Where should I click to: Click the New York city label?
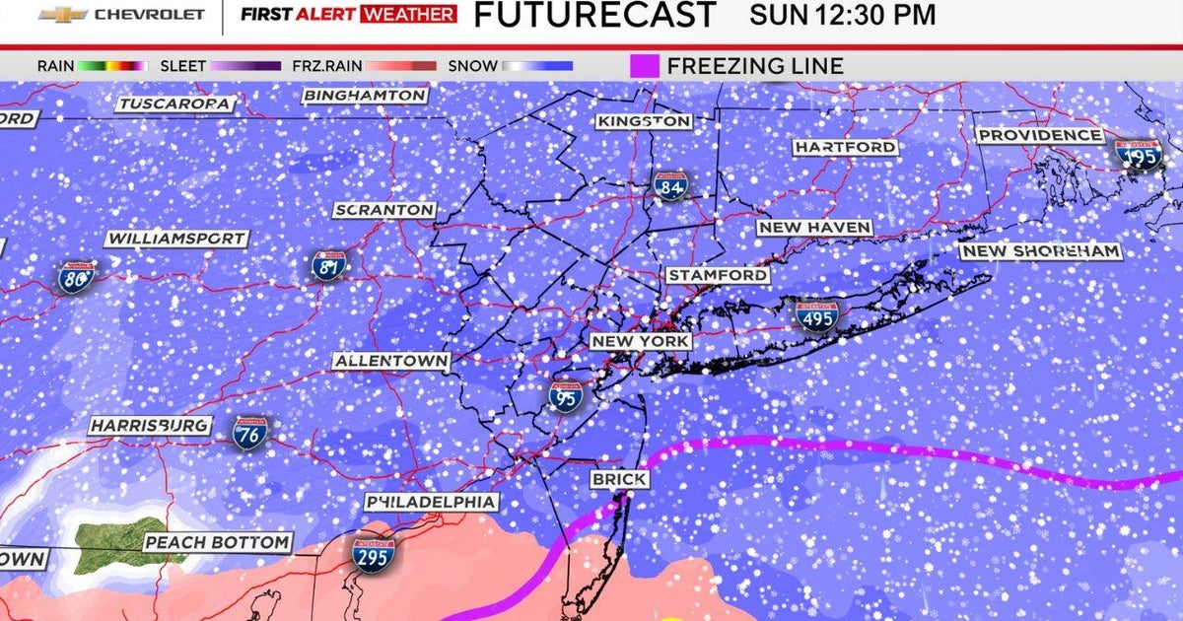pyautogui.click(x=640, y=341)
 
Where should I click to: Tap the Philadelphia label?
pyautogui.click(x=431, y=502)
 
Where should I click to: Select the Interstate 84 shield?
pyautogui.click(x=669, y=184)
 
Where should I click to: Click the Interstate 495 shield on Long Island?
pyautogui.click(x=816, y=315)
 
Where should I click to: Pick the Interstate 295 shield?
pyautogui.click(x=374, y=555)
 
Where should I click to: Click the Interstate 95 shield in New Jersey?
pyautogui.click(x=566, y=393)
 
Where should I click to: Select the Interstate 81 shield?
pyautogui.click(x=328, y=265)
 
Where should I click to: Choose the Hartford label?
pyautogui.click(x=846, y=147)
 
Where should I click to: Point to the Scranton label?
pyautogui.click(x=384, y=210)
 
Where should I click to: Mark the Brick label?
pyautogui.click(x=619, y=479)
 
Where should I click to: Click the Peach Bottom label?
pyautogui.click(x=218, y=542)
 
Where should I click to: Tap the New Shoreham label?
pyautogui.click(x=1041, y=251)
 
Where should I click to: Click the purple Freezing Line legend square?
pyautogui.click(x=644, y=66)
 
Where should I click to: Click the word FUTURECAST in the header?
pyautogui.click(x=594, y=15)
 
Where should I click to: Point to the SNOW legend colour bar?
pyautogui.click(x=537, y=66)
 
